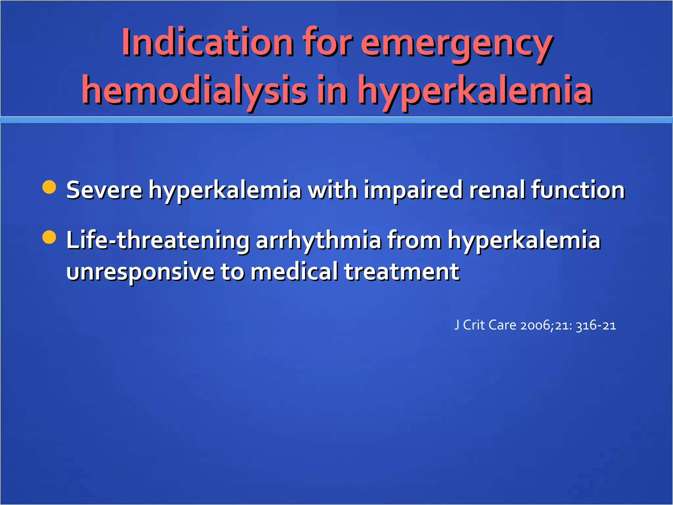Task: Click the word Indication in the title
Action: point(207,43)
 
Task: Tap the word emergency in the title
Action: point(457,44)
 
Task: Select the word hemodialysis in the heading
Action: point(194,90)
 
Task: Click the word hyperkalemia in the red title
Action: point(475,90)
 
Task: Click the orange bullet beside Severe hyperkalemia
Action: point(49,187)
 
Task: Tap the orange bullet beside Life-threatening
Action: point(49,237)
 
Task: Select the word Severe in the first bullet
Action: point(104,190)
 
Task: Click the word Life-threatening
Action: point(158,240)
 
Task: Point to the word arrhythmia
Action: point(318,240)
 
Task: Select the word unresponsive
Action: point(140,272)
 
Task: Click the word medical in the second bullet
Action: point(294,272)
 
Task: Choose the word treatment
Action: point(402,272)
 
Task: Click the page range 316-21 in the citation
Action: point(596,325)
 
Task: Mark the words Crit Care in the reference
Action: point(490,325)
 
